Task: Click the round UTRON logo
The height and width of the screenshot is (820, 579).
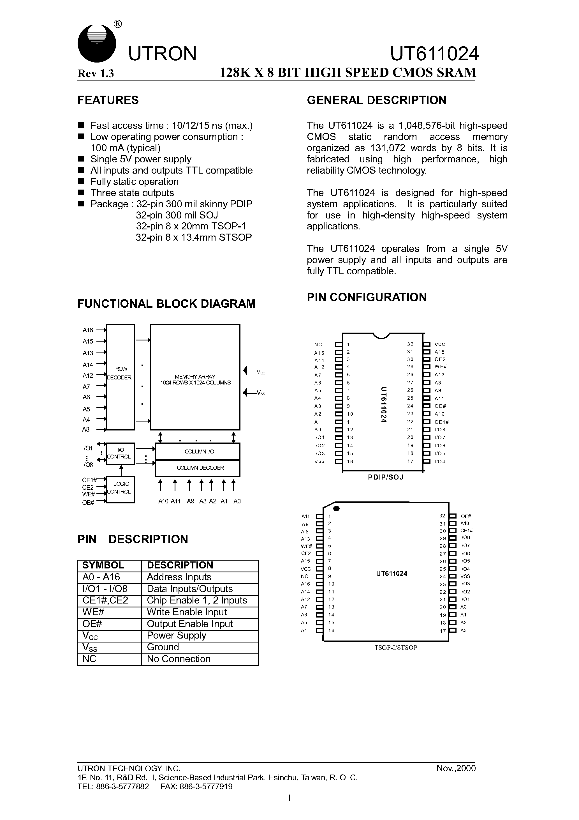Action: [x=96, y=43]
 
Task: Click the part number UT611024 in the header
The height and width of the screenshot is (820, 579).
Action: [x=434, y=54]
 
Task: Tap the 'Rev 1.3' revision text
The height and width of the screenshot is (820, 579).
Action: [x=96, y=73]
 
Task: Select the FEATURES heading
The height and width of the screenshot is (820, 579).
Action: [x=108, y=100]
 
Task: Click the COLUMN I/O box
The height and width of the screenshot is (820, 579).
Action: [x=197, y=452]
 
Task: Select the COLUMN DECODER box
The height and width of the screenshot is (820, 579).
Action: [x=197, y=468]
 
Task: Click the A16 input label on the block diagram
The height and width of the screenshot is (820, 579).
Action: [x=88, y=330]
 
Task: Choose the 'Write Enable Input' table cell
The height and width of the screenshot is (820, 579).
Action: [x=187, y=612]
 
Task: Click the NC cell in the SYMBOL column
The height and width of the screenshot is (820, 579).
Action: [x=90, y=659]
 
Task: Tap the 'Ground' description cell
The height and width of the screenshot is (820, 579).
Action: [x=163, y=647]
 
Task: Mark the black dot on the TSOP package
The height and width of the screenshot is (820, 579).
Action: [x=336, y=508]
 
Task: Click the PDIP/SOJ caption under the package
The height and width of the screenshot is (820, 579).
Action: [x=386, y=477]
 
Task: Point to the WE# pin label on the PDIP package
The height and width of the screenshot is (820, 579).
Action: [x=441, y=367]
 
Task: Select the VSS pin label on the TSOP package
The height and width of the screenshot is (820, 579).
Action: [x=465, y=576]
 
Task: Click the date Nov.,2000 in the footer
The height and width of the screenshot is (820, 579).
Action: [x=456, y=768]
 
